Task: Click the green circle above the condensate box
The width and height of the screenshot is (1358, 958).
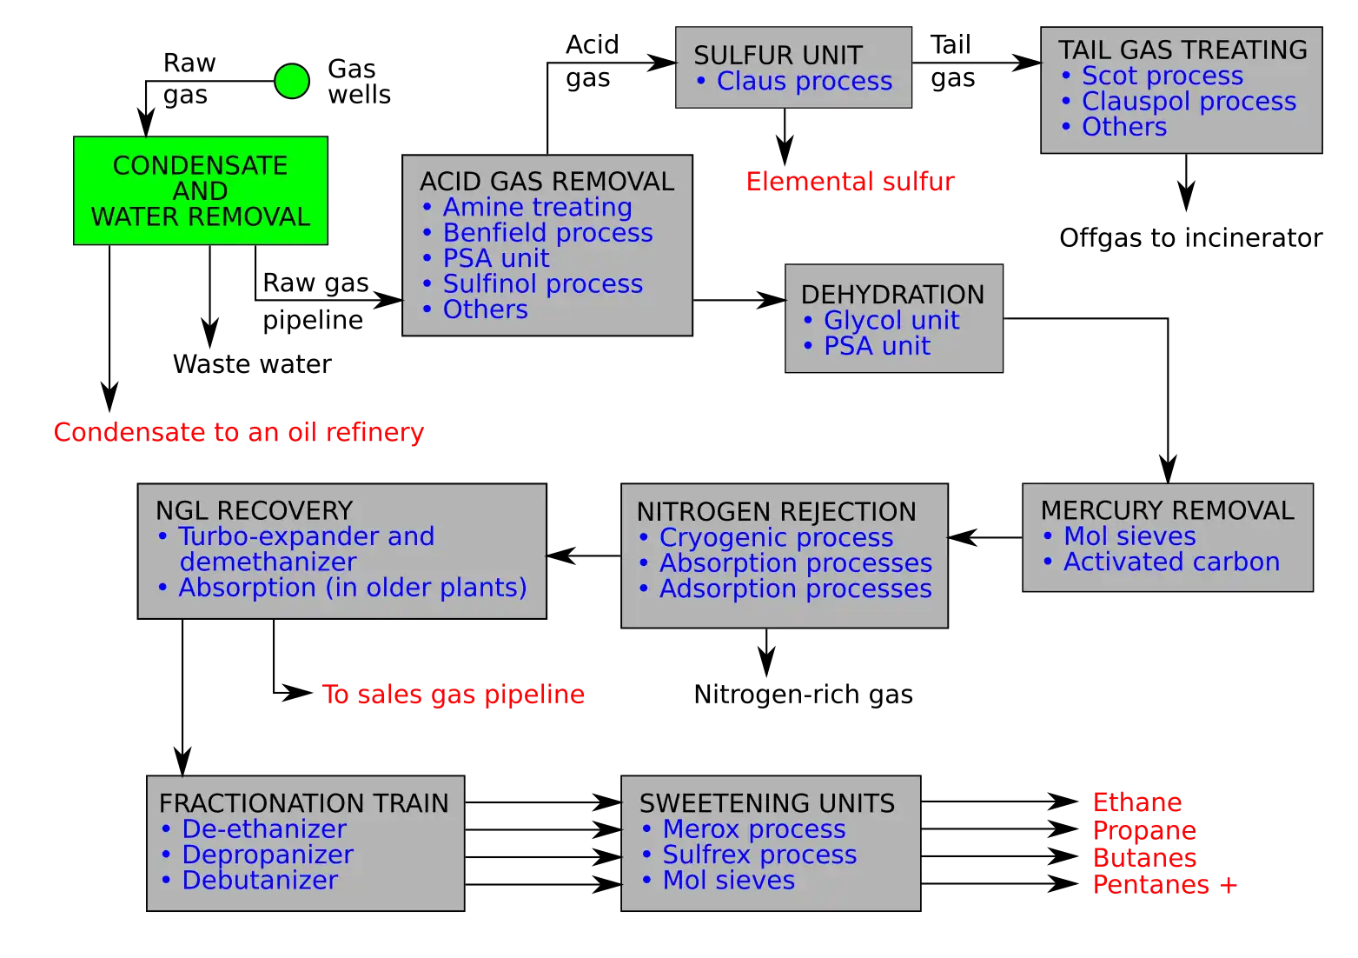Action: click(292, 81)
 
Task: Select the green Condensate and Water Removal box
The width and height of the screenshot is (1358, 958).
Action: click(200, 190)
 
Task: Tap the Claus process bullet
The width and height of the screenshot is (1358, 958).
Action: click(804, 81)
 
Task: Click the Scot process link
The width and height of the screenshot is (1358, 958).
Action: click(1162, 76)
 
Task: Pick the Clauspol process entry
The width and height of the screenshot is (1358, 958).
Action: click(1188, 101)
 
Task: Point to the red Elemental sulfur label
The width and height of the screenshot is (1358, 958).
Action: click(850, 182)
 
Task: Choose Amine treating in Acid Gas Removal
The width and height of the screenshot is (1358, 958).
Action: click(537, 207)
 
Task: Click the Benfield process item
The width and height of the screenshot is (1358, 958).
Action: click(547, 232)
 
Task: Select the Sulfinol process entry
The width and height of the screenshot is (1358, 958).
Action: click(542, 283)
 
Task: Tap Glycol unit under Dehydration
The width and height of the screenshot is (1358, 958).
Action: click(891, 320)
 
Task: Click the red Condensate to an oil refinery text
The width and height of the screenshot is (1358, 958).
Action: click(239, 432)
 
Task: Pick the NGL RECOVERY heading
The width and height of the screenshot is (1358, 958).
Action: click(254, 510)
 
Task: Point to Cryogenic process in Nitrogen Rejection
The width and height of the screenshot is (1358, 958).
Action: click(776, 537)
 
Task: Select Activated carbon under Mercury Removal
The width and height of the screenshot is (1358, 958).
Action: click(1171, 562)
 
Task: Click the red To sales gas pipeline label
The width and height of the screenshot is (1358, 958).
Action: click(454, 695)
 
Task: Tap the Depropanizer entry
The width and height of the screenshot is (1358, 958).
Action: click(267, 855)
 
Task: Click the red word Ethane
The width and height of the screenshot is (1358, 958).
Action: click(1136, 802)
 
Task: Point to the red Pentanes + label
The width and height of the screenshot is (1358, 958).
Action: click(1164, 885)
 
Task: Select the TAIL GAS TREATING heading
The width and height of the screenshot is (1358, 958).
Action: click(1182, 50)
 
